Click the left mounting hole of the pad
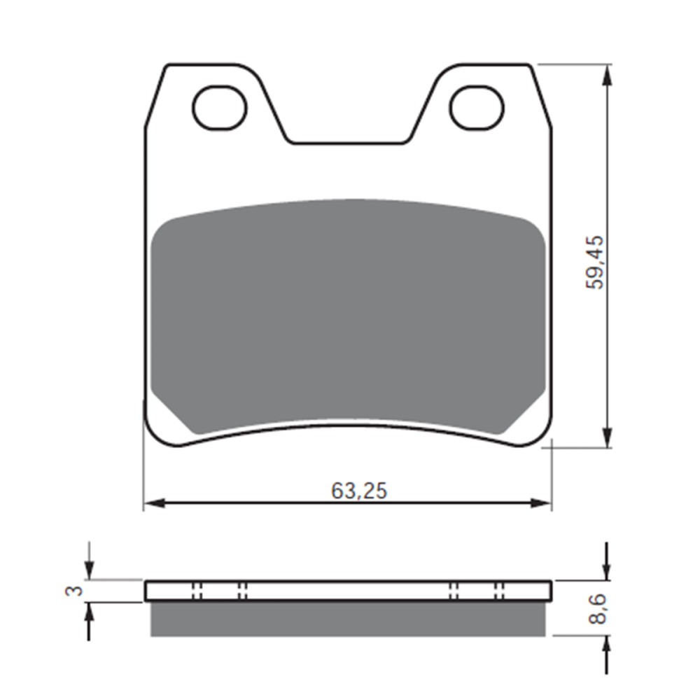(219, 108)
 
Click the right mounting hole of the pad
(477, 108)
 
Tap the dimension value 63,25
(359, 491)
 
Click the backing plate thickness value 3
(73, 591)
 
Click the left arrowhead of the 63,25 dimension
(153, 503)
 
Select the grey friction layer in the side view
(348, 619)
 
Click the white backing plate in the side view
(348, 591)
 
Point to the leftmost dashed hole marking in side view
(197, 591)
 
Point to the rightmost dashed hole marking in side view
(499, 591)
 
